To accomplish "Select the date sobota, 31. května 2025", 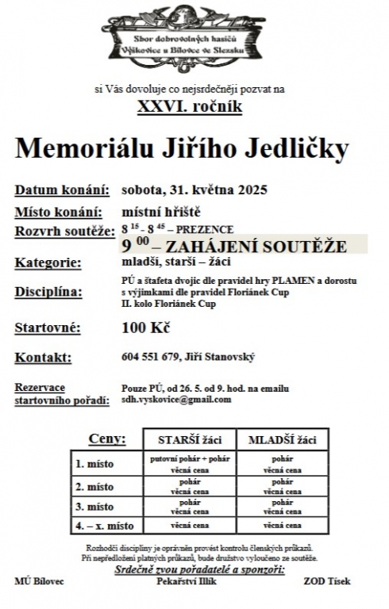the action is point(194,190).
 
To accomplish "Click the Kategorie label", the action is point(48,262).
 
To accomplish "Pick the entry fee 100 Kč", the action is point(146,327).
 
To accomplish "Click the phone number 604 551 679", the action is point(151,358).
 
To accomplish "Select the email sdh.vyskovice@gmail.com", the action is point(176,400).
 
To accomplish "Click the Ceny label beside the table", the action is point(107,438).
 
